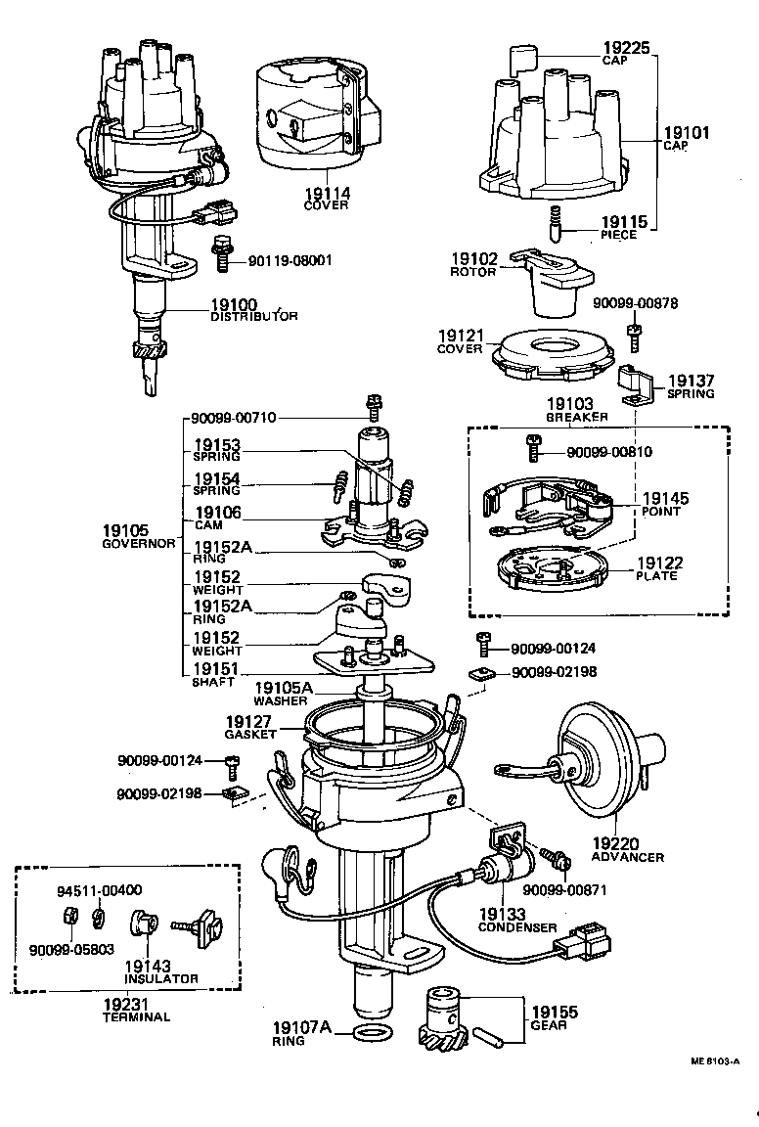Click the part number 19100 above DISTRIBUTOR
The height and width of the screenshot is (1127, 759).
point(235,303)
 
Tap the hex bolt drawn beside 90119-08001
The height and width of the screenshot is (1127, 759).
point(222,252)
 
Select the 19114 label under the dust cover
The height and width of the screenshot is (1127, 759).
point(326,194)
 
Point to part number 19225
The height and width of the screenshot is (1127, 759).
point(627,47)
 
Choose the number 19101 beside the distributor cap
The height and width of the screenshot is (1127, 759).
point(688,132)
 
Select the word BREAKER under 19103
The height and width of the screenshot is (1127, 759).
point(576,417)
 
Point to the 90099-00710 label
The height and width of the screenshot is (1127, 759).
point(234,418)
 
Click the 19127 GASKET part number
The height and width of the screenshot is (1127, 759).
point(248,721)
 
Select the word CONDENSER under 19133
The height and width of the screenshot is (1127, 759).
point(518,927)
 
